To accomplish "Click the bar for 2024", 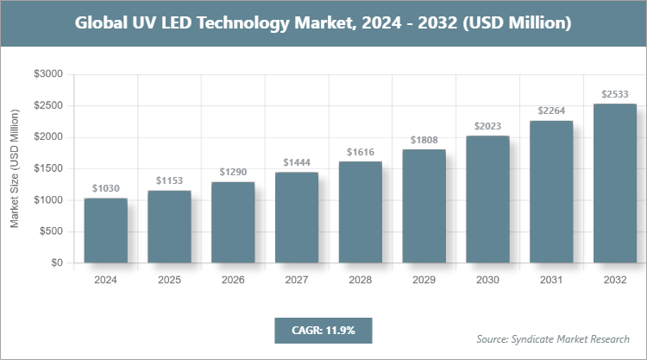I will click(x=105, y=231).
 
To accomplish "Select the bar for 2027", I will click(x=297, y=218).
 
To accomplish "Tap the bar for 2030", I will click(x=487, y=199).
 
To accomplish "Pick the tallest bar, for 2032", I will click(x=615, y=183).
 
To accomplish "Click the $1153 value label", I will click(x=169, y=180).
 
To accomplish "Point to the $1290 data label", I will click(x=233, y=172).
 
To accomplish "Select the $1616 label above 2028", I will click(x=361, y=151).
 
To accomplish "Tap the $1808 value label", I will click(x=424, y=139).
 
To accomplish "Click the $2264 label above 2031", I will click(x=551, y=111).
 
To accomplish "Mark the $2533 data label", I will click(x=615, y=93).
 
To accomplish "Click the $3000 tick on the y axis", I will click(x=47, y=75).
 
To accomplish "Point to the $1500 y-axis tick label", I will click(x=47, y=169).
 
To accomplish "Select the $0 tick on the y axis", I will click(x=56, y=262).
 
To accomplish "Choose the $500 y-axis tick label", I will click(x=50, y=231).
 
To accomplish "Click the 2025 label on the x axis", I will click(x=169, y=280).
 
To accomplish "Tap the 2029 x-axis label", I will click(x=424, y=280).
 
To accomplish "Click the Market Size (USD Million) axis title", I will click(x=15, y=169).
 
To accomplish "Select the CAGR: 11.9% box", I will click(x=323, y=330).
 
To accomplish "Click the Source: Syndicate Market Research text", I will click(x=553, y=338).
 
